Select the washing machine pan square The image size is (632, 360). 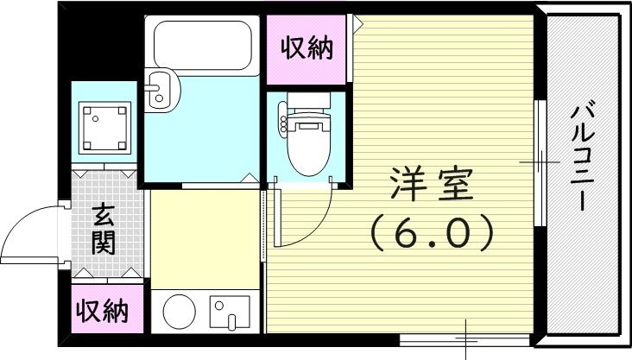[x=104, y=126]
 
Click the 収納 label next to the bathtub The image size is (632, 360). [x=307, y=49]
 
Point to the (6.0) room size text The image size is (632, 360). [x=431, y=231]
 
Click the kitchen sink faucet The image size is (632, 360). [x=230, y=322]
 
